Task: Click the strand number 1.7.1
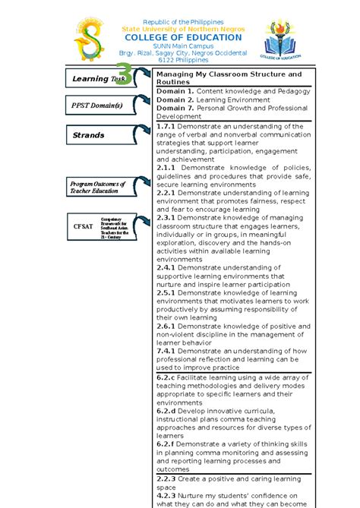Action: tap(166, 126)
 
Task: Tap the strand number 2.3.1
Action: tap(166, 218)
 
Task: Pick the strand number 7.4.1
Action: tap(166, 352)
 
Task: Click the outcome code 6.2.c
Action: tap(166, 377)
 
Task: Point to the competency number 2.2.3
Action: tap(166, 479)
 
